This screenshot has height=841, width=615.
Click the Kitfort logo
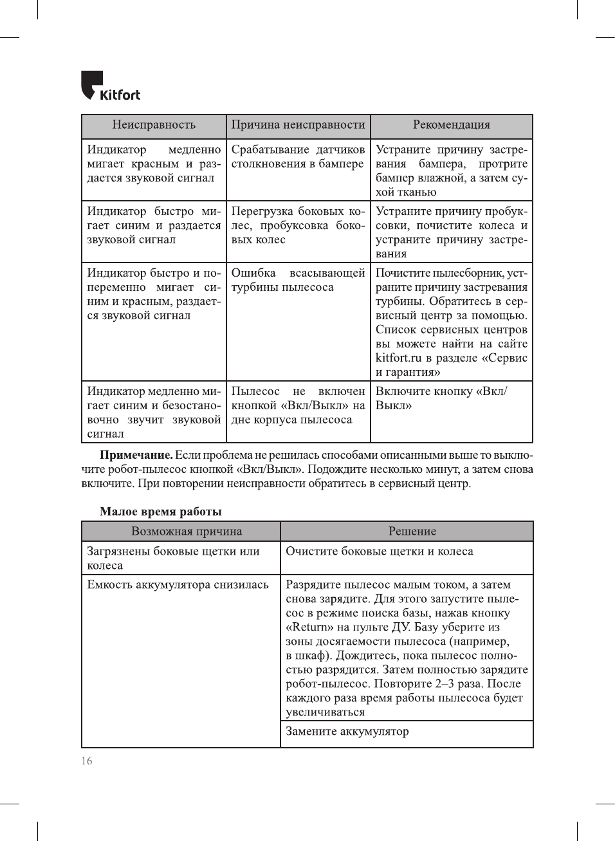pos(110,86)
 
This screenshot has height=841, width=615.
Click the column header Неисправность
pos(153,125)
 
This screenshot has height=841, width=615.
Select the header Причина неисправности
pos(298,125)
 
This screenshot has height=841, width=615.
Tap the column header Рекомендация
pos(451,125)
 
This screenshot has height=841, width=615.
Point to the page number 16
pos(87,761)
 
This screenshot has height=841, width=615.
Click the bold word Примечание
pos(136,456)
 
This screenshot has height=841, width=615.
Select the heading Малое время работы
pos(160,512)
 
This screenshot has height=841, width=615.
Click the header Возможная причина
pos(187,531)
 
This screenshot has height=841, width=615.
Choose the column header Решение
pos(412,531)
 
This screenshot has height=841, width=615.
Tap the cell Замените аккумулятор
pos(347,732)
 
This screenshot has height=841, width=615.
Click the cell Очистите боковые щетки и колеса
pos(380,551)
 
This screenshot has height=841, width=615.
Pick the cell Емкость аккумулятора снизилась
pos(178,585)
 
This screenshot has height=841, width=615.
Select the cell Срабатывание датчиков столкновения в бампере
pos(298,157)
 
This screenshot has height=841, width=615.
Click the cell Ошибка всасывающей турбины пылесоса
pos(298,280)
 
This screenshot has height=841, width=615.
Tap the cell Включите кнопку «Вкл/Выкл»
pos(441,398)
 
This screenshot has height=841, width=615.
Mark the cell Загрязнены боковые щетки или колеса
pos(173,558)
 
